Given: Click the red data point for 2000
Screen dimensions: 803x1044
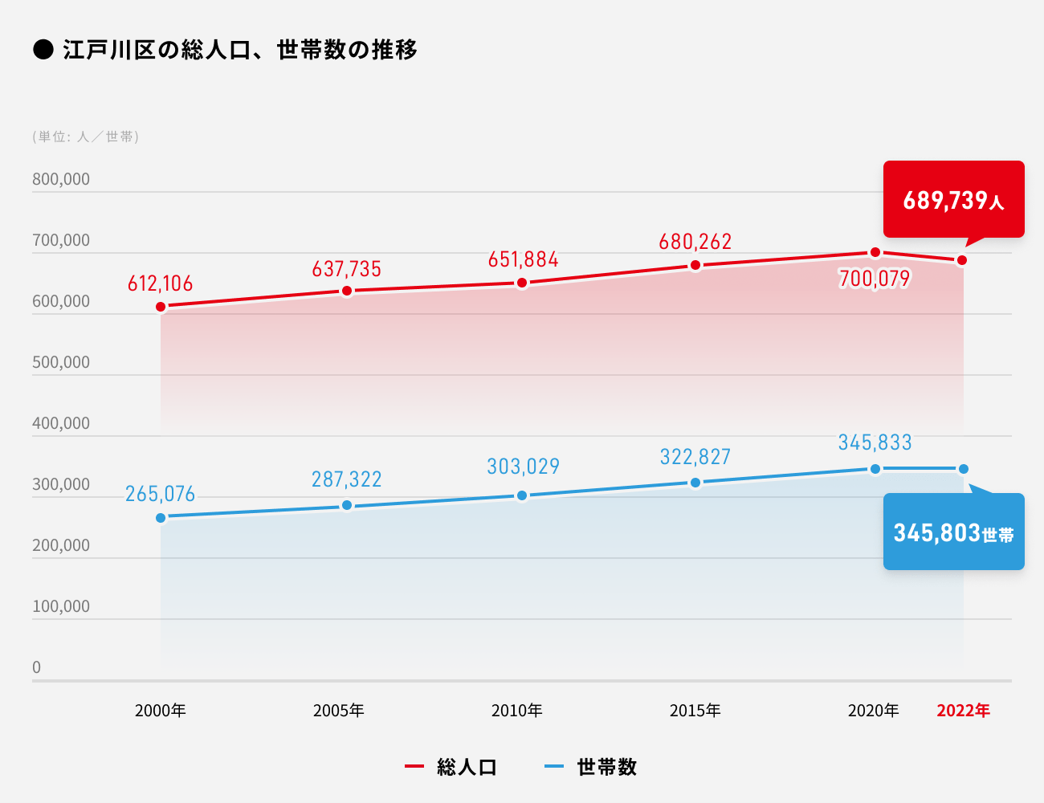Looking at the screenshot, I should [x=161, y=307].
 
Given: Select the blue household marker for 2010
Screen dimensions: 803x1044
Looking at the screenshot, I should [x=522, y=495].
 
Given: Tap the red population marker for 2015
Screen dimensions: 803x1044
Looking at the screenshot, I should [x=695, y=266].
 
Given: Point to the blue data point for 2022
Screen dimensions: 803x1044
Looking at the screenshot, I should [x=963, y=469].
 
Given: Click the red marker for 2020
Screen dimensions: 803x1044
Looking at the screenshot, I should [x=875, y=253].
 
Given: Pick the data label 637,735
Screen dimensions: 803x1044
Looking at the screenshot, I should [x=347, y=269].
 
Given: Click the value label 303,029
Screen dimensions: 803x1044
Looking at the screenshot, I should [x=523, y=467].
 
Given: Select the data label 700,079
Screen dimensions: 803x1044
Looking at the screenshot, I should [x=875, y=279].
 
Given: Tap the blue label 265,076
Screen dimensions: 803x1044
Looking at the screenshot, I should [x=161, y=494].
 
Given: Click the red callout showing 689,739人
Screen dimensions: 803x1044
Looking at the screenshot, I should [x=953, y=199].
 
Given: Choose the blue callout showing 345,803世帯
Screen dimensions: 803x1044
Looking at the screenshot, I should [x=953, y=532].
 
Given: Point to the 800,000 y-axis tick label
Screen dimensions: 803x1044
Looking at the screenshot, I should [x=61, y=179].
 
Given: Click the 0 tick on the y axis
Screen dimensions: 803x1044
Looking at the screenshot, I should [x=36, y=667].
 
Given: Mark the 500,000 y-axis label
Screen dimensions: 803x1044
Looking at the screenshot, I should [x=61, y=362].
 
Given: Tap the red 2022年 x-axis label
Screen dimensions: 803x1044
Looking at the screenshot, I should [x=963, y=711].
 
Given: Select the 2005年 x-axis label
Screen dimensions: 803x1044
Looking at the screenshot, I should [x=339, y=711].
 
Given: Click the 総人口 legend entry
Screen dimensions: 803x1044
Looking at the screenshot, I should [x=452, y=767].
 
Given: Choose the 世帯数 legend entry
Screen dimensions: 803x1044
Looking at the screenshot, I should [x=592, y=767].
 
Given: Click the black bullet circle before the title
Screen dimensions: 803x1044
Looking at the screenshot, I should [x=43, y=50].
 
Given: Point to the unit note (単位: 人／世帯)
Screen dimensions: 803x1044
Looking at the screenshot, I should [x=86, y=137].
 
